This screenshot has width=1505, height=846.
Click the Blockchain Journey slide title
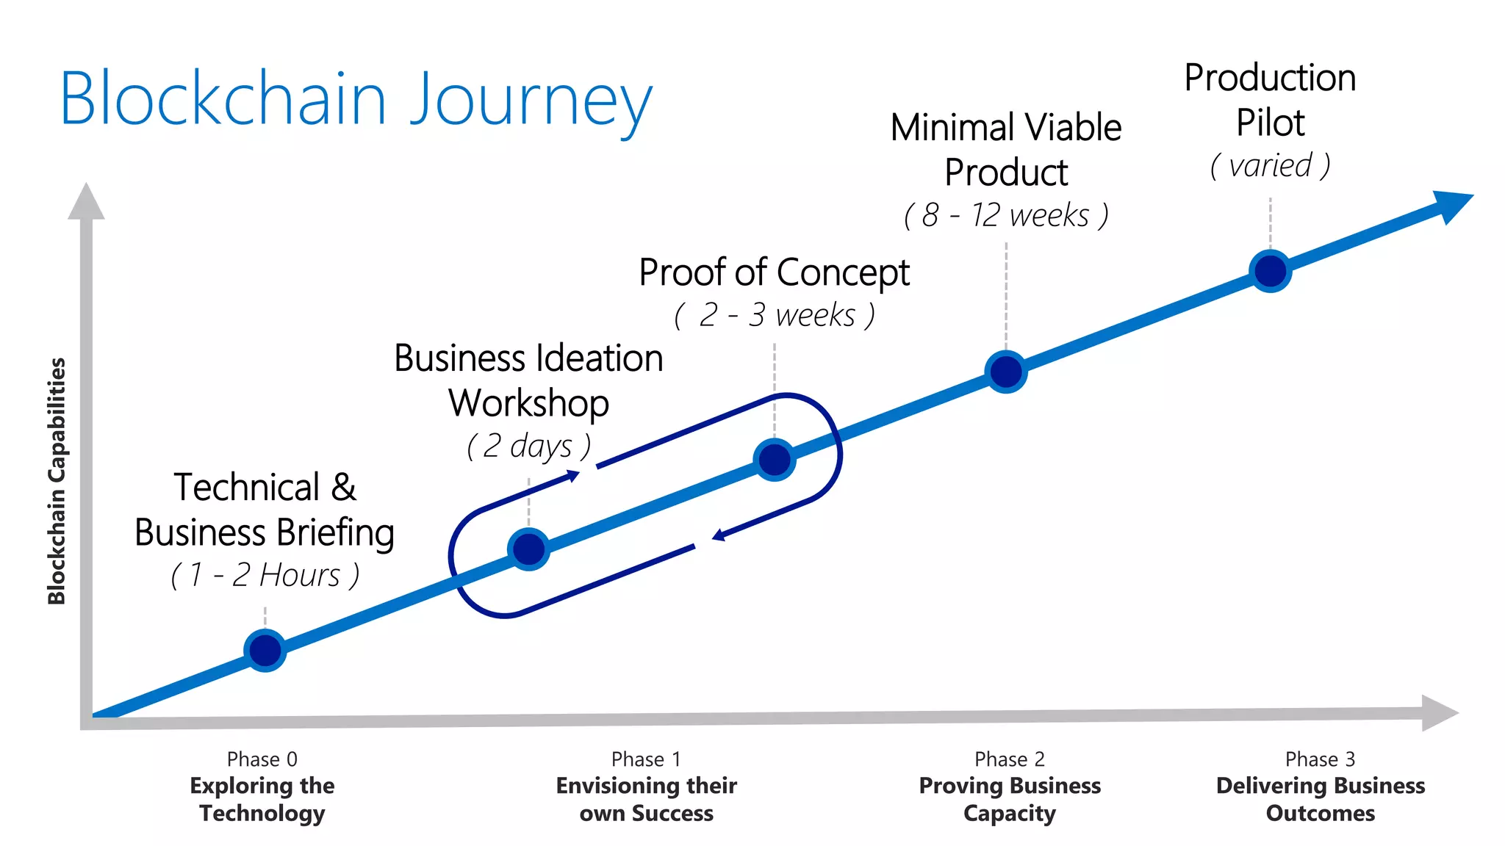pyautogui.click(x=356, y=99)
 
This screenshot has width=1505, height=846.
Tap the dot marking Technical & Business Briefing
pyautogui.click(x=265, y=650)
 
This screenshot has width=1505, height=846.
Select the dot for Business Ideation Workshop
pyautogui.click(x=528, y=549)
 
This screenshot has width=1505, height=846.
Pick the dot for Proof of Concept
pyautogui.click(x=775, y=460)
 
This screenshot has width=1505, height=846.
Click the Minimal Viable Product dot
pyautogui.click(x=1005, y=372)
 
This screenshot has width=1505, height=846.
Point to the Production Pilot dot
pyautogui.click(x=1270, y=271)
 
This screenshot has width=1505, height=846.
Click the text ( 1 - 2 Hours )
pyautogui.click(x=265, y=575)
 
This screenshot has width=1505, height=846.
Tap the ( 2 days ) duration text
pyautogui.click(x=528, y=446)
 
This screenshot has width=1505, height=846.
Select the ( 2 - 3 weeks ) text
pyautogui.click(x=775, y=315)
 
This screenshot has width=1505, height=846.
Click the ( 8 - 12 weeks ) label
pyautogui.click(x=1005, y=215)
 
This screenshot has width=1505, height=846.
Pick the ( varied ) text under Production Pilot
pyautogui.click(x=1270, y=166)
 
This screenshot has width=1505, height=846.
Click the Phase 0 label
pyautogui.click(x=262, y=759)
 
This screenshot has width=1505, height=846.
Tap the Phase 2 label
pyautogui.click(x=1009, y=759)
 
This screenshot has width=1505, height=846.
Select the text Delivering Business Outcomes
pyautogui.click(x=1320, y=799)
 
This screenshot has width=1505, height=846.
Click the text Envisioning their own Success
pyautogui.click(x=646, y=799)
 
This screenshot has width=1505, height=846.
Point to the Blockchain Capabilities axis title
pyautogui.click(x=57, y=481)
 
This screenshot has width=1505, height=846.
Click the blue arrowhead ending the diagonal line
pyautogui.click(x=1451, y=205)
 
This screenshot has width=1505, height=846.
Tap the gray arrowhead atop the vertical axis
pyautogui.click(x=86, y=202)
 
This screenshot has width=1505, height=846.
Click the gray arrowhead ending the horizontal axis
pyautogui.click(x=1438, y=712)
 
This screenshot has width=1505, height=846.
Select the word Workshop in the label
pyautogui.click(x=528, y=403)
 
